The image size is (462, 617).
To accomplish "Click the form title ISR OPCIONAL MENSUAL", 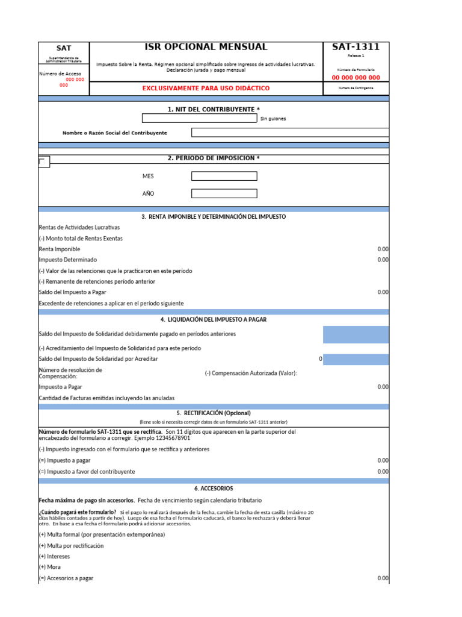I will coord(206,47).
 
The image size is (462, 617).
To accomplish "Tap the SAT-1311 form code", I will coord(356,47).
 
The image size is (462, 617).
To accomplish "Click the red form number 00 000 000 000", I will coord(356,78).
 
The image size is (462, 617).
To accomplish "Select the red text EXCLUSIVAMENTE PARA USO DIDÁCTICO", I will coord(206,89).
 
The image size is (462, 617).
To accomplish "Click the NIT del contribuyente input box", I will coord(199,118).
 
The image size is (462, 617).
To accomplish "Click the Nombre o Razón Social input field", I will coord(290,133).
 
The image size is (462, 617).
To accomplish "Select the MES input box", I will coord(224,176).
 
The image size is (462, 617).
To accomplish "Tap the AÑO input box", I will coord(224,193).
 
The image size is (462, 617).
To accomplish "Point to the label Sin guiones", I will coord(273,119).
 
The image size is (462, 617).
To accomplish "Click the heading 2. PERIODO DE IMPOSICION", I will coord(214,158).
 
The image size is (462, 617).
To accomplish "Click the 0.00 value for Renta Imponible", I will coord(383,249).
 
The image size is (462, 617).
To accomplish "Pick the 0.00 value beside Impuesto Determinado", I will coord(383,260).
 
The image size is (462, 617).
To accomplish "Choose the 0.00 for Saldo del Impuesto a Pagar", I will coord(383,292).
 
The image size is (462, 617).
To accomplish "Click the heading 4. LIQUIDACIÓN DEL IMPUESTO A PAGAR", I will coord(214,319).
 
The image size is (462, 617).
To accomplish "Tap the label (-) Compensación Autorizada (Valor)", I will coord(251,373).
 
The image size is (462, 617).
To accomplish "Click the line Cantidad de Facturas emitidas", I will coord(106,398).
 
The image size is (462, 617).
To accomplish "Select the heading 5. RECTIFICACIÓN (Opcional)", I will coord(214,413).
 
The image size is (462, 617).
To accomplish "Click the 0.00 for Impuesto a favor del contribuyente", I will coord(383,471).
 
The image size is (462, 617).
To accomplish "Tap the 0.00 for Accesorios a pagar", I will coord(383,578).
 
